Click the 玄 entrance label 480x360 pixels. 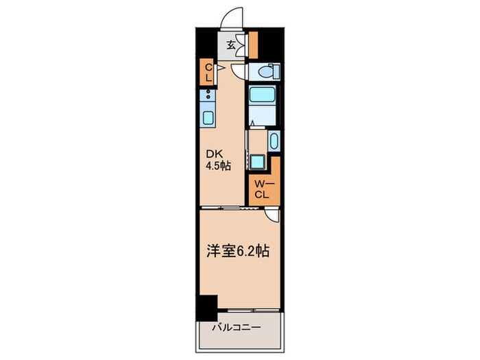click(x=231, y=46)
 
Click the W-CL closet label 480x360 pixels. click(x=261, y=189)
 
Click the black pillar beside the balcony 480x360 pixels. click(x=206, y=306)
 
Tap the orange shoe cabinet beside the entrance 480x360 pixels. click(x=253, y=45)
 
